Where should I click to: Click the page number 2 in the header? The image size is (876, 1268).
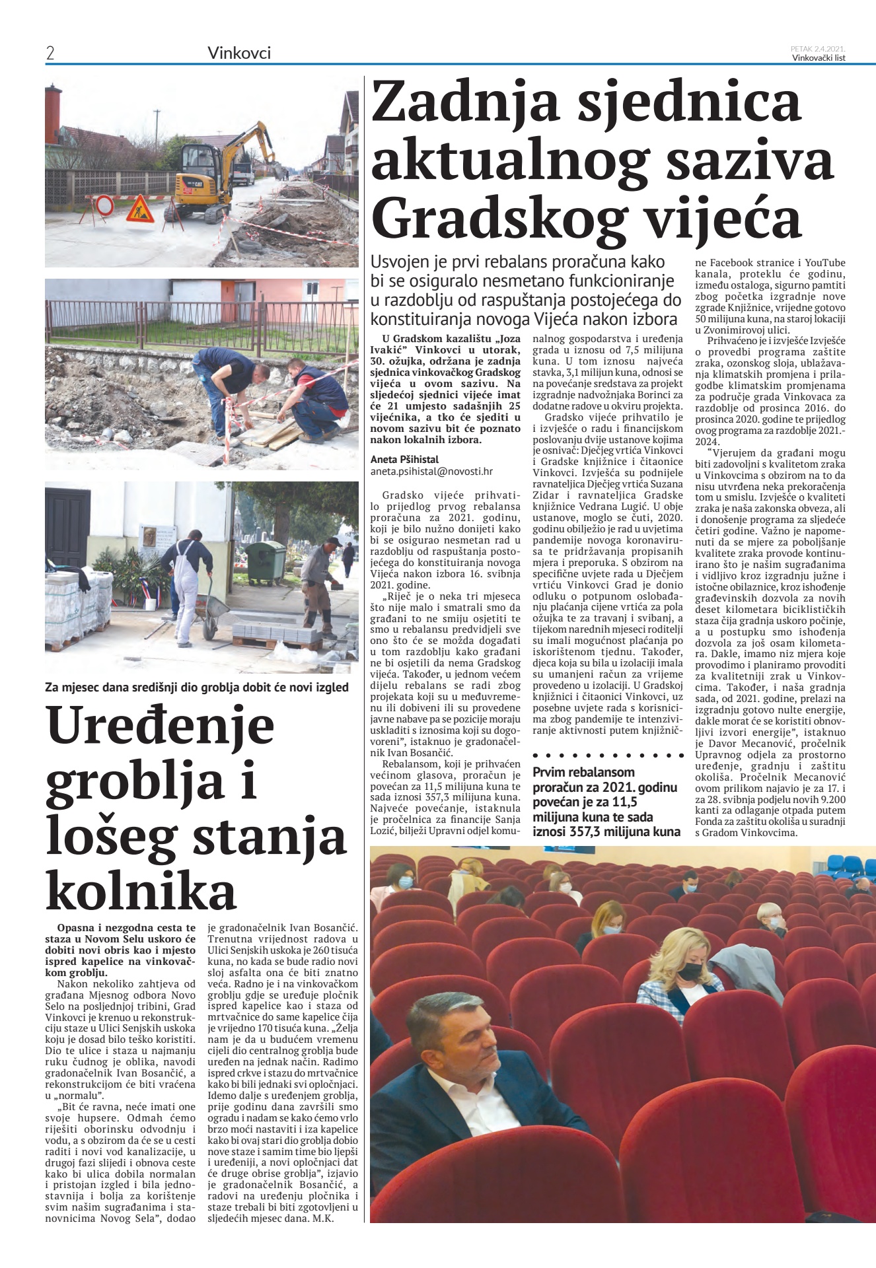click(x=50, y=53)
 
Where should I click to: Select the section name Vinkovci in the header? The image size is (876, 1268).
click(x=239, y=53)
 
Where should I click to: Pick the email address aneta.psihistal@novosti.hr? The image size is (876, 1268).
click(x=431, y=472)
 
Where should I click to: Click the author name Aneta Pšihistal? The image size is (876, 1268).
click(x=404, y=459)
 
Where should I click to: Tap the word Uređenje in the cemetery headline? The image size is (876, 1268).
click(x=161, y=725)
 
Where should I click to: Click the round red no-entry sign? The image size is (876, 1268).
click(x=105, y=206)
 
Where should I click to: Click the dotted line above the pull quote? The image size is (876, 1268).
click(x=607, y=754)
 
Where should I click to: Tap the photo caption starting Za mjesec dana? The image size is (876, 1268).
click(x=197, y=687)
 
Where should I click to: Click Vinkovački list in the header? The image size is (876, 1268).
click(x=819, y=57)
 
